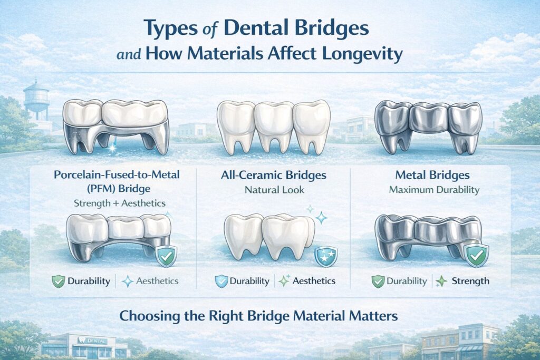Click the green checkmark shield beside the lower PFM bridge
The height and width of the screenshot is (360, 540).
click(167, 257)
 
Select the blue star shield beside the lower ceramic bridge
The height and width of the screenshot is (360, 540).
click(322, 257)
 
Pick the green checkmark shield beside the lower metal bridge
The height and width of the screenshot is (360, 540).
click(477, 257)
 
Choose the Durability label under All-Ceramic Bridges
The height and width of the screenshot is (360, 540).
click(249, 281)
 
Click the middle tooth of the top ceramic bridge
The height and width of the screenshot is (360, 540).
click(273, 127)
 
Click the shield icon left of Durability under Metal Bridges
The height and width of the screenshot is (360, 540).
click(378, 281)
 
